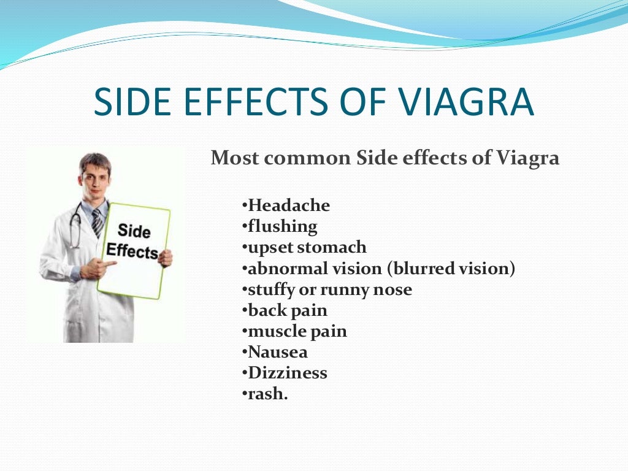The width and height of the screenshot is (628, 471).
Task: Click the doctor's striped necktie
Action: click(97, 223)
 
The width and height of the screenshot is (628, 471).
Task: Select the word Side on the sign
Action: click(133, 231)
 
